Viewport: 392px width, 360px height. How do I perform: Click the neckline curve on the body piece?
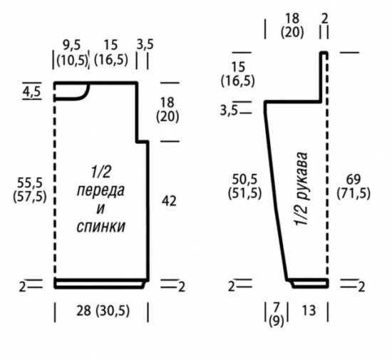tap(85, 96)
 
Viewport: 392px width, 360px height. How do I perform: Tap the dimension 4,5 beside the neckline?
tap(32, 92)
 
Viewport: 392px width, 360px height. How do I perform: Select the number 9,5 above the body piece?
tap(72, 45)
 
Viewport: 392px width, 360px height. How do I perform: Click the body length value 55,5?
tap(30, 182)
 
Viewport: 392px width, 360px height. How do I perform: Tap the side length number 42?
tap(169, 201)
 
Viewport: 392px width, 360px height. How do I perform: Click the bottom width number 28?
tap(84, 311)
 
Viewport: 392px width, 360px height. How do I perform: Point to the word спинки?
tap(100, 227)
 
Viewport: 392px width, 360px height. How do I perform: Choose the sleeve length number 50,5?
tap(244, 179)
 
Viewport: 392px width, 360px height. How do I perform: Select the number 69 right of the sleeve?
tap(354, 179)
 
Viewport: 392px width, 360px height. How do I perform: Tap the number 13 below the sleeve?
tap(309, 311)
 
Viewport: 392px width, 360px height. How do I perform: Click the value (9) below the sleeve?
tap(277, 322)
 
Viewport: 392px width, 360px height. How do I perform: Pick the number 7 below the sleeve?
tap(276, 308)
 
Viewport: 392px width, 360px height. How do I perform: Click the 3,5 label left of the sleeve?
tap(229, 110)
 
